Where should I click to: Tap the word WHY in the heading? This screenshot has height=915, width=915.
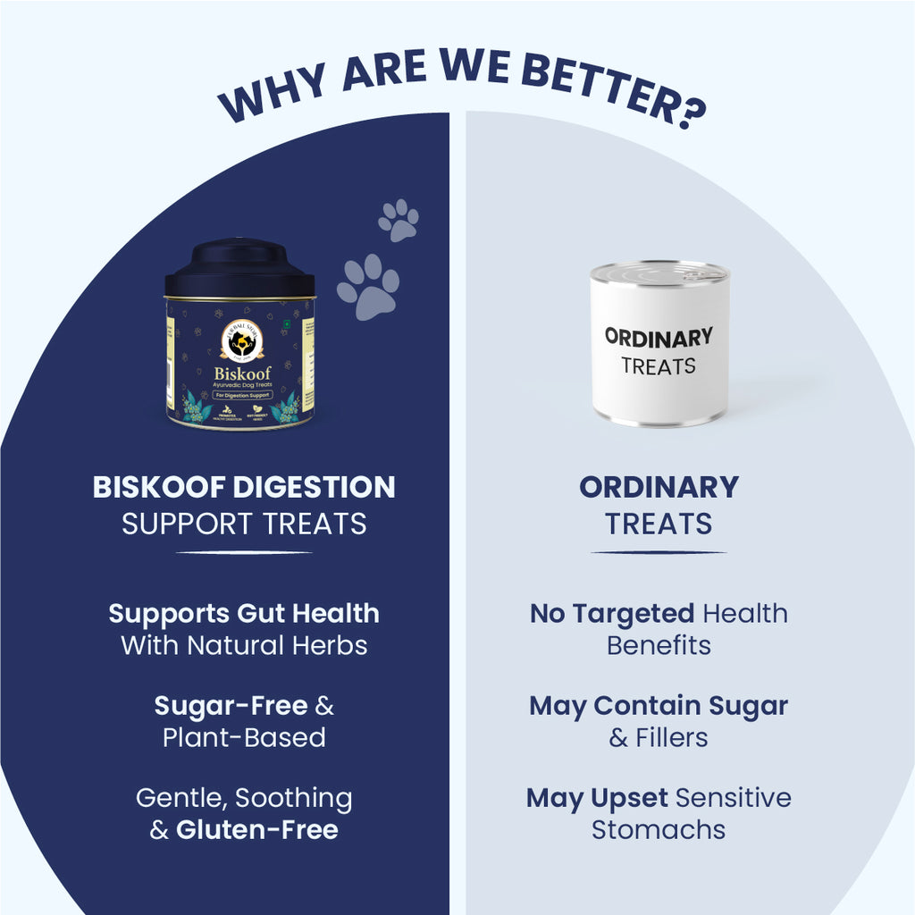tap(268, 98)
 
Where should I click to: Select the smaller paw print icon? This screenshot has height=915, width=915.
tap(399, 220)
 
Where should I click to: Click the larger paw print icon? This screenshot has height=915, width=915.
tap(368, 287)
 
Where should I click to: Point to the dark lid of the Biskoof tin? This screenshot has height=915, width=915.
tap(239, 267)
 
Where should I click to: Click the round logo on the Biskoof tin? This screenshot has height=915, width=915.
tap(241, 337)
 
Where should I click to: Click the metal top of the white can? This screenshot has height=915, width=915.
tap(659, 271)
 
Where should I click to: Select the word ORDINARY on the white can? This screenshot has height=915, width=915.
tap(659, 337)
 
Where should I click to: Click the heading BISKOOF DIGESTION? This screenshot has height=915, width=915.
tap(244, 488)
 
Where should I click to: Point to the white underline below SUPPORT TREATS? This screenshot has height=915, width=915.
tap(244, 552)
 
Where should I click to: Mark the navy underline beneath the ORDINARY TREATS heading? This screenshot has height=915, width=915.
tap(659, 552)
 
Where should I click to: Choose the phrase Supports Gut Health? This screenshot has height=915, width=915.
tap(244, 613)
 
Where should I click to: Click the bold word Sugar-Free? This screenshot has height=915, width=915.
tap(231, 706)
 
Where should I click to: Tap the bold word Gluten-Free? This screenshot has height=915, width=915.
tap(257, 830)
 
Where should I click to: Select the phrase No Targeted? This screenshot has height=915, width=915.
tap(612, 613)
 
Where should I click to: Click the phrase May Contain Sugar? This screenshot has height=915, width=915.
tap(659, 706)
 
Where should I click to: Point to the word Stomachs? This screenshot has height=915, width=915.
tap(659, 830)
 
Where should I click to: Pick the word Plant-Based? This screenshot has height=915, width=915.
tap(244, 738)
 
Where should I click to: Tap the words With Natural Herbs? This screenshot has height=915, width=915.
tap(244, 645)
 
